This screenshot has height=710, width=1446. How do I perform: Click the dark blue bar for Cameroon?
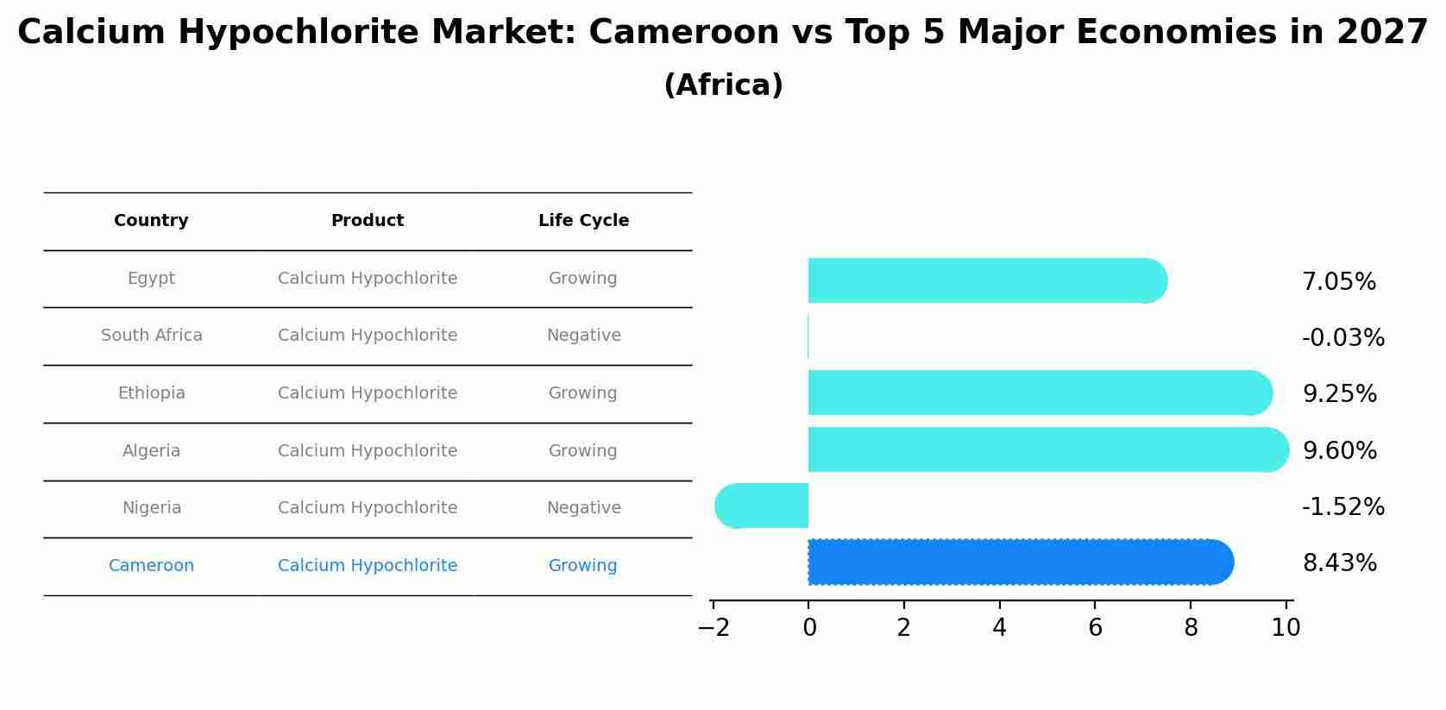click(1018, 562)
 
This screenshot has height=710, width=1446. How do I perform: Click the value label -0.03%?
click(1342, 337)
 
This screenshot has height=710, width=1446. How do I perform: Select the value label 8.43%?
click(1339, 562)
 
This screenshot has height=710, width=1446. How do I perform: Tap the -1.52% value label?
click(1342, 506)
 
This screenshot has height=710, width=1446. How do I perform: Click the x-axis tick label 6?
click(1095, 628)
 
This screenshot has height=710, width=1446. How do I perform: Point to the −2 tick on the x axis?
click(714, 628)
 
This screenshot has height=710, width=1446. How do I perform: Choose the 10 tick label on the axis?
click(1286, 628)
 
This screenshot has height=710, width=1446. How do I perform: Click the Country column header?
click(151, 221)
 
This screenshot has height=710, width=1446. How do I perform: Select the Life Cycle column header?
click(583, 221)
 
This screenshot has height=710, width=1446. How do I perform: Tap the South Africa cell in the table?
click(151, 336)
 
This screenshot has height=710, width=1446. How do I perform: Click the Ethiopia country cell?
click(151, 393)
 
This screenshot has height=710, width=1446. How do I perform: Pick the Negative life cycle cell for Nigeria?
click(583, 508)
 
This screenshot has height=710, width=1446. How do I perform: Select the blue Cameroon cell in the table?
click(151, 566)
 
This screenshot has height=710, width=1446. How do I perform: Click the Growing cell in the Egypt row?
click(582, 279)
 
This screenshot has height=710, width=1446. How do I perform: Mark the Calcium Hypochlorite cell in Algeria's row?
click(368, 451)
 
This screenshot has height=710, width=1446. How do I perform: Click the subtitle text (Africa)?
click(723, 85)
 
